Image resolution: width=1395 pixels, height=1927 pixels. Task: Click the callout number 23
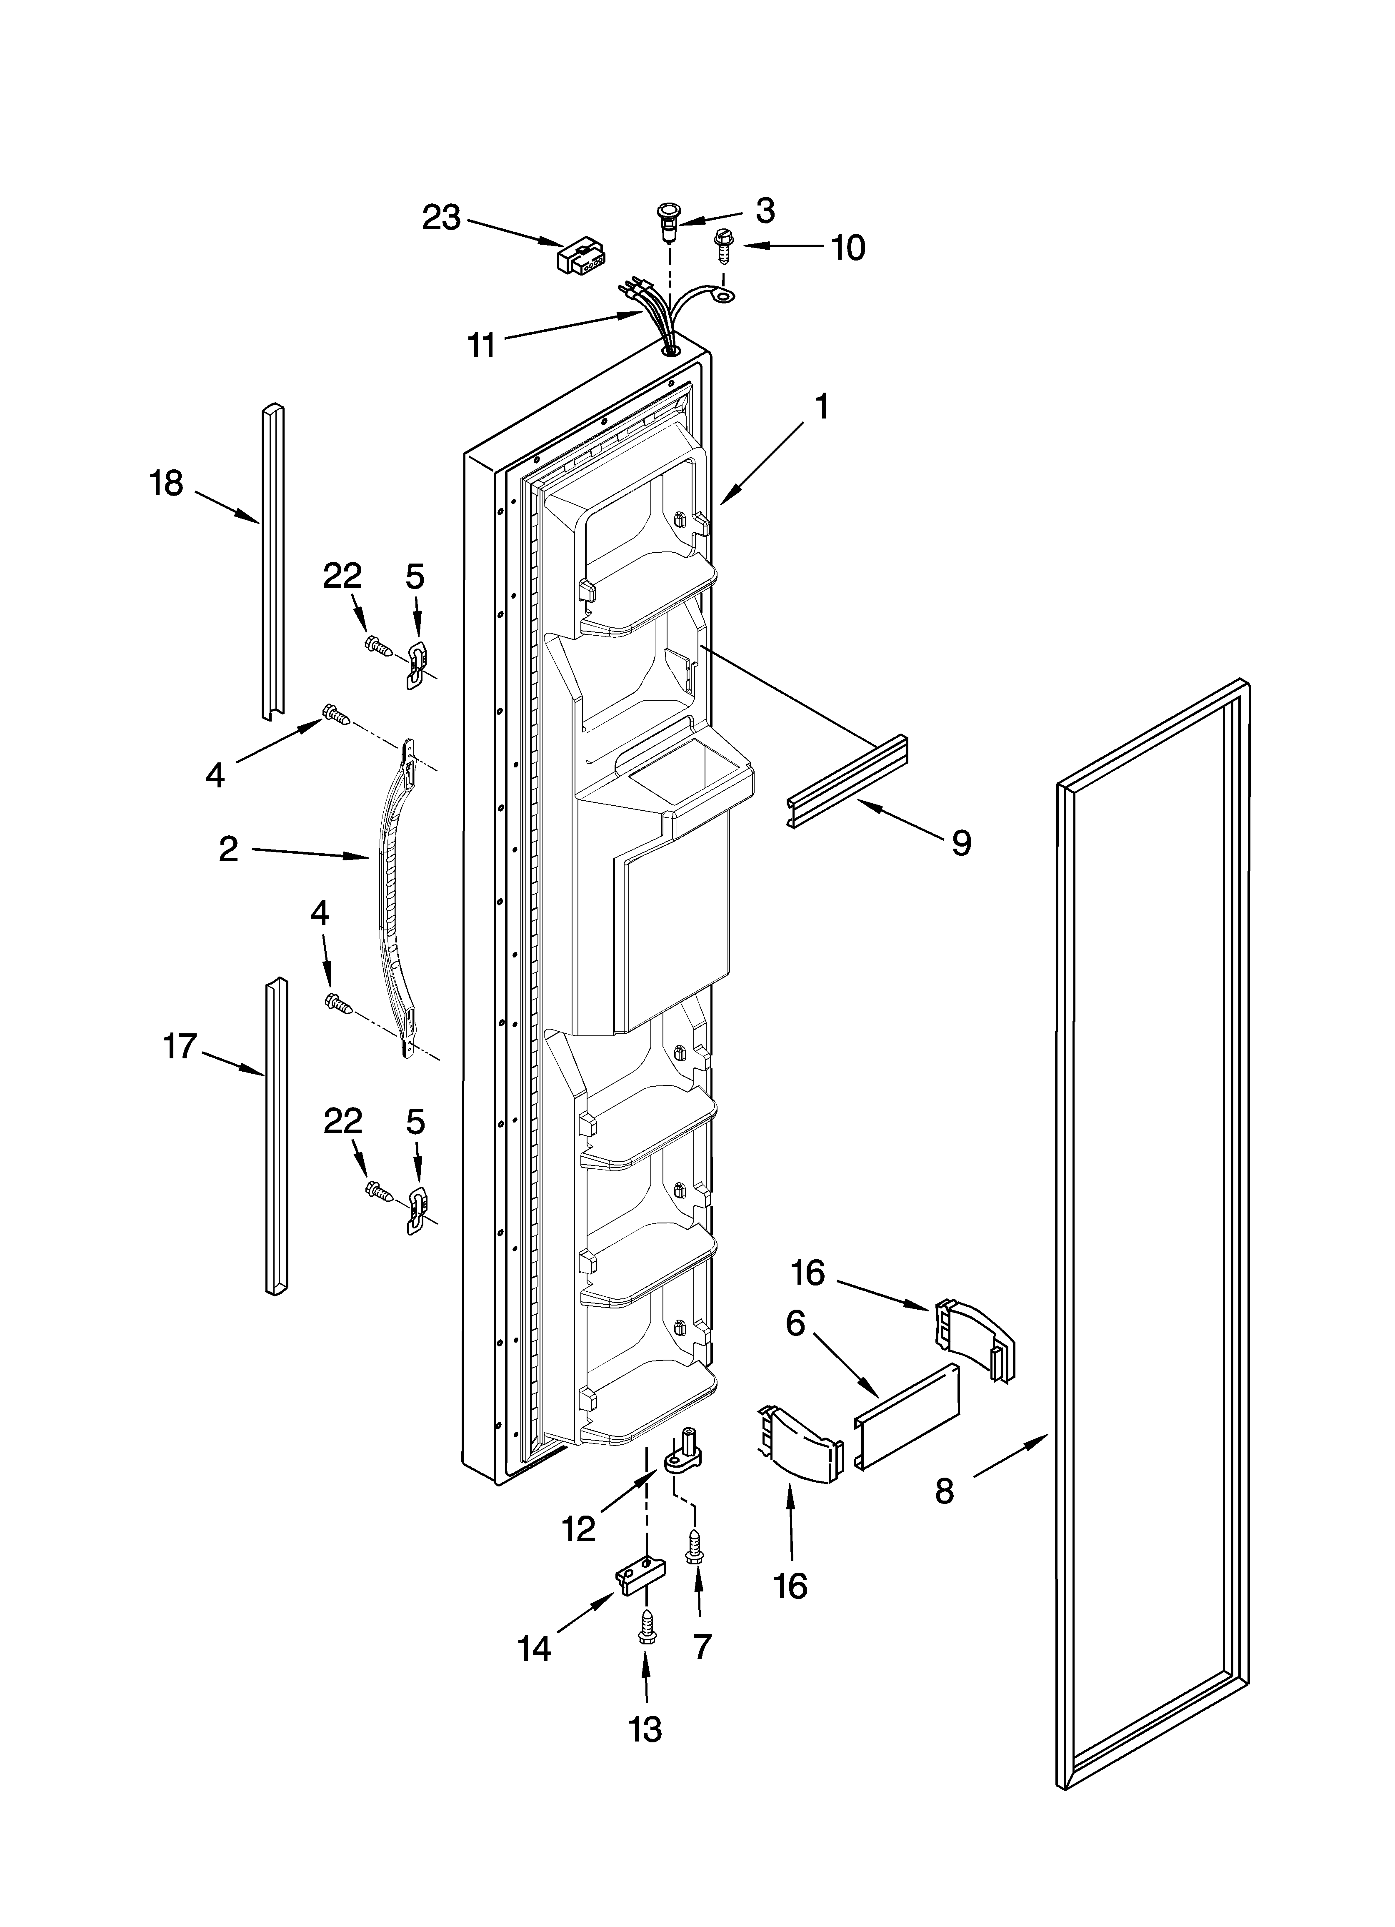click(442, 218)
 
